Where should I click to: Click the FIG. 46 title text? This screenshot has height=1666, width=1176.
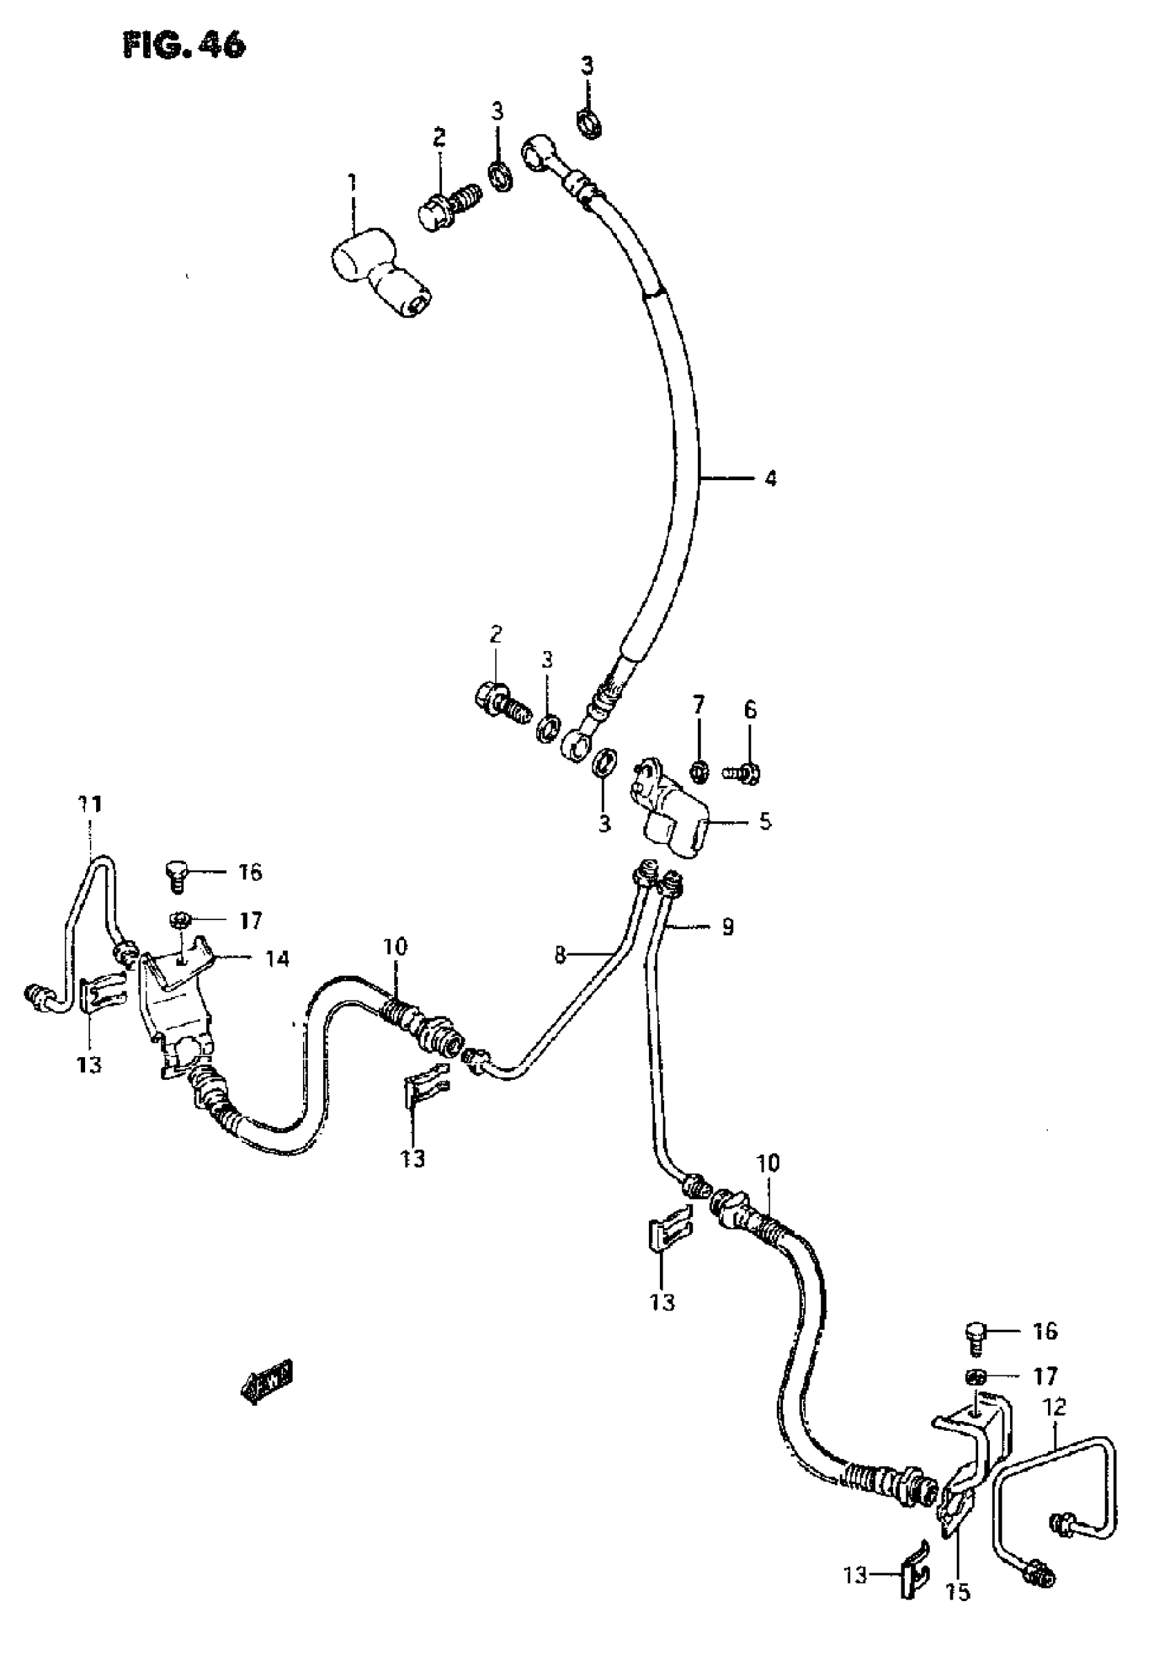(184, 45)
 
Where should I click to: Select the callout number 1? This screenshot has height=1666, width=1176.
(353, 182)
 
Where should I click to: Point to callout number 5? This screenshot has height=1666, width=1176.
(765, 822)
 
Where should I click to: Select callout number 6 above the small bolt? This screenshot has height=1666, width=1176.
(750, 710)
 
